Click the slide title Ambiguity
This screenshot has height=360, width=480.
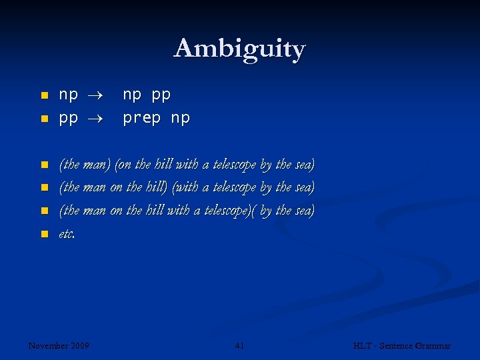pos(239,49)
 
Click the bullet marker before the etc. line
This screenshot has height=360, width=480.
pos(44,234)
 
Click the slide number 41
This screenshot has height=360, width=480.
pos(240,345)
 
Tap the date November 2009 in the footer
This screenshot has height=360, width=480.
pos(59,345)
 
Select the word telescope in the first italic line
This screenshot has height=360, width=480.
pos(234,164)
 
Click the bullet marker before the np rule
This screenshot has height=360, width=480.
pos(44,96)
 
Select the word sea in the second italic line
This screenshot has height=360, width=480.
pos(304,187)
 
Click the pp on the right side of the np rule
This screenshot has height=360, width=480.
pos(161,96)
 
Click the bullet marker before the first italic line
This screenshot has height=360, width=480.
pos(44,164)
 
